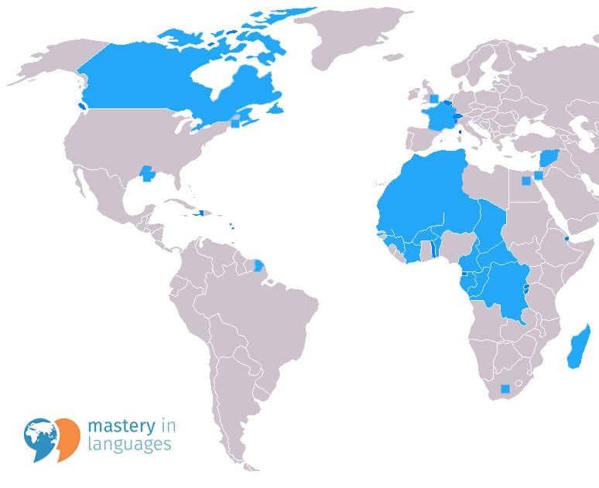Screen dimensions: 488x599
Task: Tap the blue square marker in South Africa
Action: tap(505, 389)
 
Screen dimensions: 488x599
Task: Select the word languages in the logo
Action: tap(129, 445)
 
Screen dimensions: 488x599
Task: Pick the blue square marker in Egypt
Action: tap(526, 181)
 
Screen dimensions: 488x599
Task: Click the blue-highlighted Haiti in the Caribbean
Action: tap(200, 213)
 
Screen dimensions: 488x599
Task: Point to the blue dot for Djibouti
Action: tap(568, 239)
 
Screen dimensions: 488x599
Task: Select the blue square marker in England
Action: tap(434, 98)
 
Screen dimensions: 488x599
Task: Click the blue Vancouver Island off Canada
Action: tap(81, 106)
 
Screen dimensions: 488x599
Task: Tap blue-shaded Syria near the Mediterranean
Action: tap(550, 158)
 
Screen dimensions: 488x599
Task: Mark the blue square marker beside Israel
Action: tap(539, 176)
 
